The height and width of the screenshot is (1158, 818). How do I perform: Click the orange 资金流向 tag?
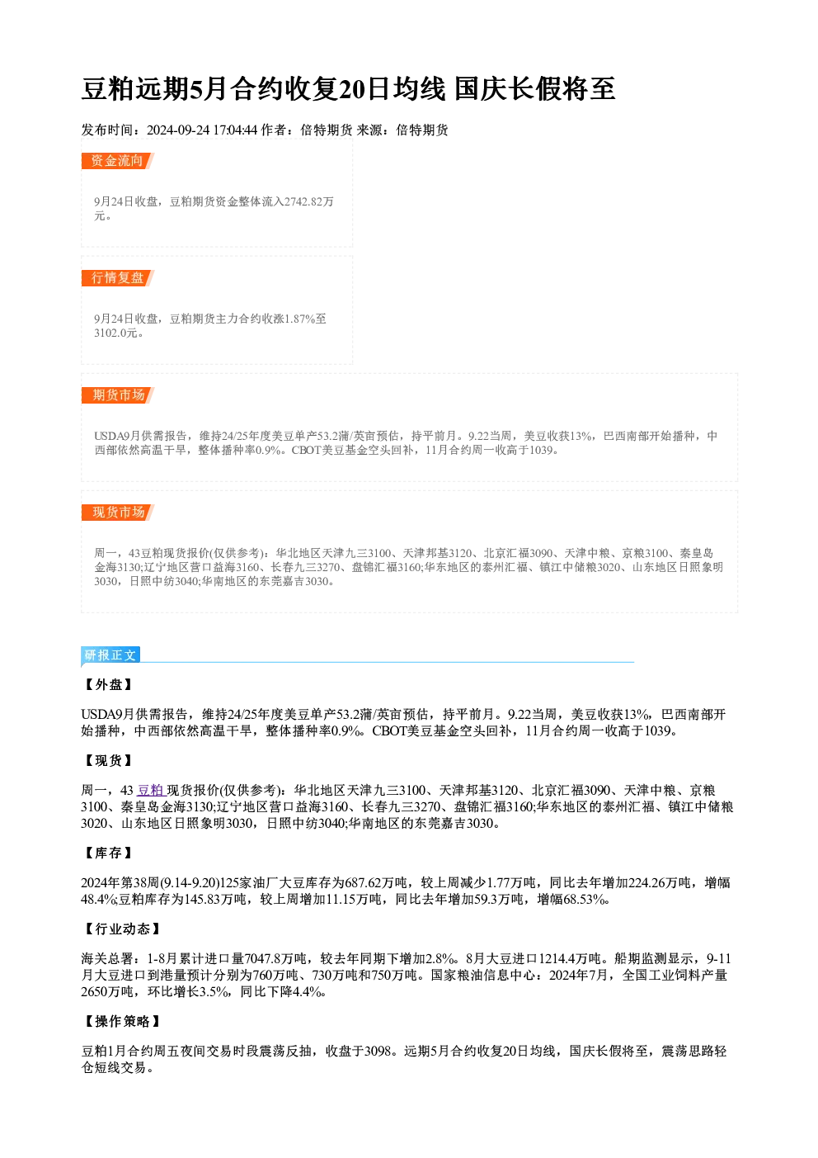(x=117, y=161)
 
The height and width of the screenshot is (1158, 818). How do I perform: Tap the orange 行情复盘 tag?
(x=117, y=278)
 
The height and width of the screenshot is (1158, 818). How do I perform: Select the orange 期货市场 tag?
(x=117, y=395)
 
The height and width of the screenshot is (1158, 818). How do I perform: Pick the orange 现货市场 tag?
(x=117, y=513)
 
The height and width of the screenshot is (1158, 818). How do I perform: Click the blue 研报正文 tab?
(x=110, y=655)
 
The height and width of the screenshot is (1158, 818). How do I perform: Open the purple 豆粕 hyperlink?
(x=150, y=791)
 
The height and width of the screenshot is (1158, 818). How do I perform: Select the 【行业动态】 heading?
(x=122, y=929)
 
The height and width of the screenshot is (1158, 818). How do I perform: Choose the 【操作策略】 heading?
(x=122, y=1021)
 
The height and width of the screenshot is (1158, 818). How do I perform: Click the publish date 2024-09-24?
(x=178, y=130)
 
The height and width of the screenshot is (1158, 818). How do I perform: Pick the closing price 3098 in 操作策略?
(x=378, y=1051)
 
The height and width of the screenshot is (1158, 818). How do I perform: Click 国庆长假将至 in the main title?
(x=535, y=89)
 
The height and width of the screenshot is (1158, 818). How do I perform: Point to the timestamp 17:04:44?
(x=235, y=130)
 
